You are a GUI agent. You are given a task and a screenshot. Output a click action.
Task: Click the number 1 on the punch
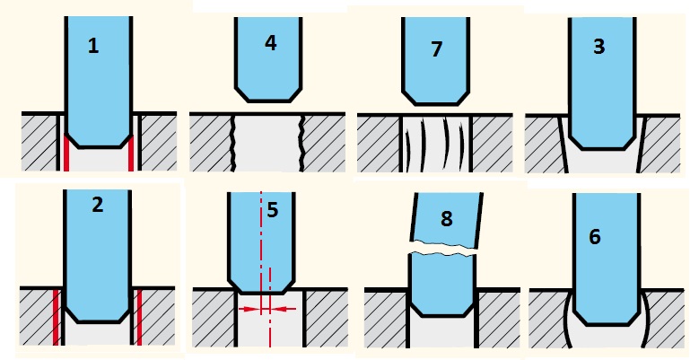[x=93, y=47]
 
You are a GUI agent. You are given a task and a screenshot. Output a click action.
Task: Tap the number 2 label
[x=97, y=205]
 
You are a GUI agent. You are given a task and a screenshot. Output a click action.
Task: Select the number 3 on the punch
[x=599, y=47]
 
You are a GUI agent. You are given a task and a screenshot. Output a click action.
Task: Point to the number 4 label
[x=271, y=43]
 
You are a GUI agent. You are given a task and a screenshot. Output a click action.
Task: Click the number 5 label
[x=273, y=210]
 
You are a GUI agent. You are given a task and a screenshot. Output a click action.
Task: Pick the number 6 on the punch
[x=595, y=236]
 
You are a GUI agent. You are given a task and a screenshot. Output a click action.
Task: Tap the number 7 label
[x=436, y=48]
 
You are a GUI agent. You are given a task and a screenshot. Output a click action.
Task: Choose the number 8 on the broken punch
[x=446, y=218]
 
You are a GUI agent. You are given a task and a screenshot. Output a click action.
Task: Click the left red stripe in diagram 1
[x=66, y=153]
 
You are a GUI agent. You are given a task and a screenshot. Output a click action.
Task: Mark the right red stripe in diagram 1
[x=131, y=153]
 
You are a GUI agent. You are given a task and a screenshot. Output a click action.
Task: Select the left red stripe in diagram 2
[x=57, y=317]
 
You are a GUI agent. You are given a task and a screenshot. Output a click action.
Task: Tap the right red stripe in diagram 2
[x=139, y=317]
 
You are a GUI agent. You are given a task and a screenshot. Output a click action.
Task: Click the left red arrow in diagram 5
[x=249, y=308]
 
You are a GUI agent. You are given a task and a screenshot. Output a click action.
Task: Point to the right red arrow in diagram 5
[x=283, y=308]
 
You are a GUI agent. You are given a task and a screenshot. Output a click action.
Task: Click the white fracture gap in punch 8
[x=444, y=249]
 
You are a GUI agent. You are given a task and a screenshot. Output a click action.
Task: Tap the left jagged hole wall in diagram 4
[x=233, y=143]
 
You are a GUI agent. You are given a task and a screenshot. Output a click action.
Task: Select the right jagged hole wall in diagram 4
[x=302, y=143]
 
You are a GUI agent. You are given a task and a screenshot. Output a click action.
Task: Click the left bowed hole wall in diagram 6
[x=563, y=319]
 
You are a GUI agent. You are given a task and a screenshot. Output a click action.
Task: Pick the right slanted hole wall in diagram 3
[x=641, y=144]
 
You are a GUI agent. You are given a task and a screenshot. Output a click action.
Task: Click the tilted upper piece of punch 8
[x=446, y=219]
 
